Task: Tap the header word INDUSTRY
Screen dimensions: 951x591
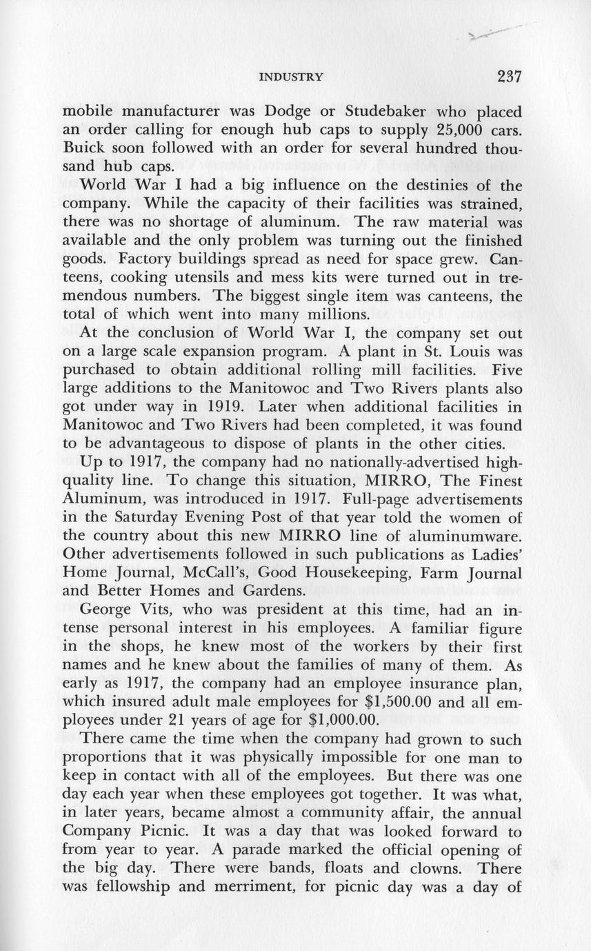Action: click(x=290, y=77)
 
